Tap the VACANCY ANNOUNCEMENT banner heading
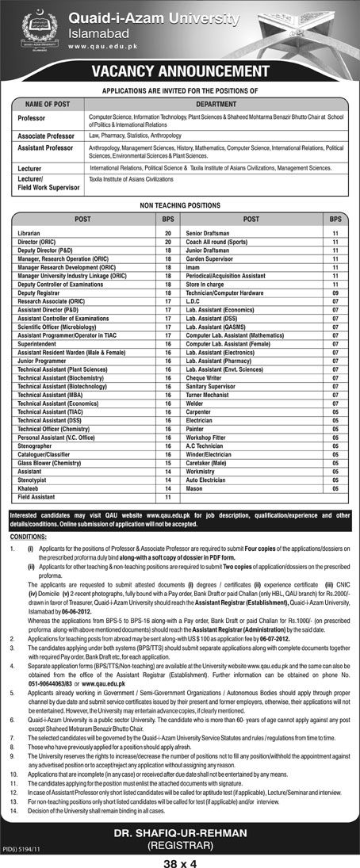tap(180, 72)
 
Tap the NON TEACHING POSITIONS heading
tap(179, 202)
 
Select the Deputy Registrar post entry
tap(39, 292)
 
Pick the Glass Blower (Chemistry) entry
tap(49, 463)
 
